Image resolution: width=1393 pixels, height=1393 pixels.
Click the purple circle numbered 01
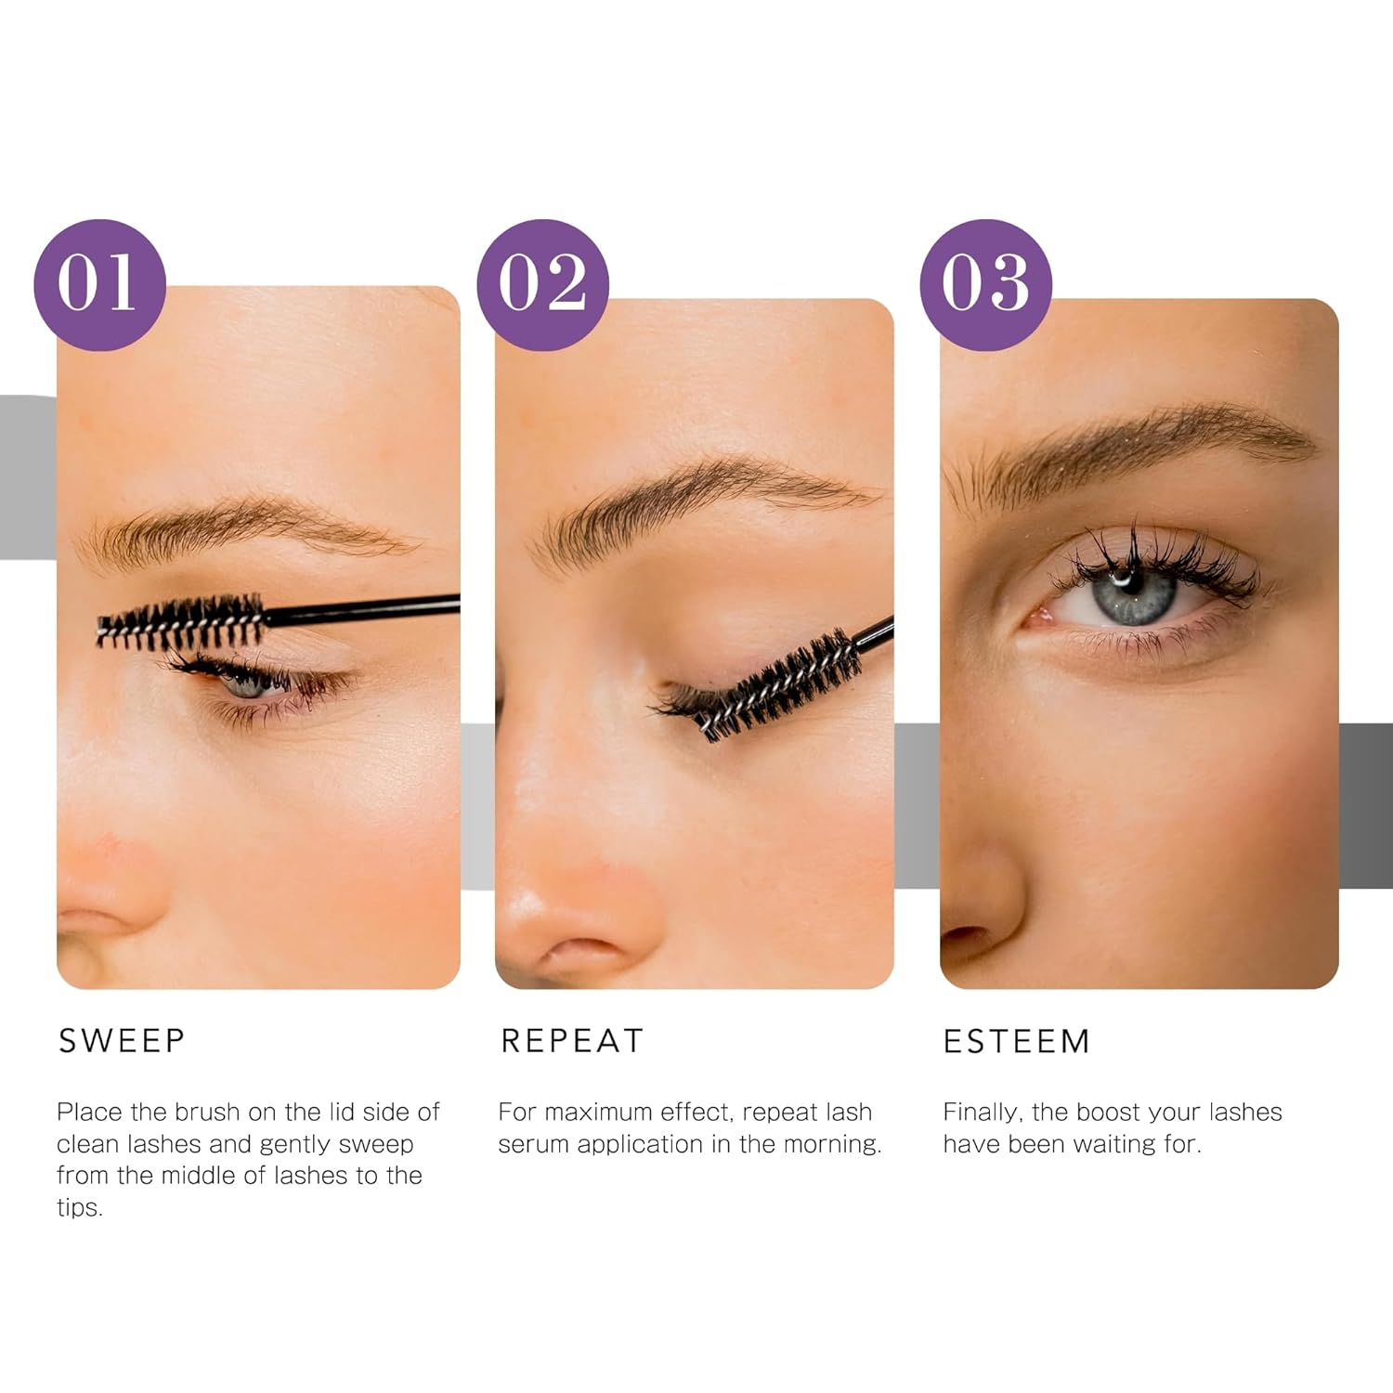99,284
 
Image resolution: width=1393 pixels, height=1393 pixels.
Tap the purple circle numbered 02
542,284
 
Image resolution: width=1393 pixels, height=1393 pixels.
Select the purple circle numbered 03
985,284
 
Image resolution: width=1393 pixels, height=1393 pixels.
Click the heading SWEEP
122,1041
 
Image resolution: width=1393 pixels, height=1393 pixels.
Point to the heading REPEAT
571,1041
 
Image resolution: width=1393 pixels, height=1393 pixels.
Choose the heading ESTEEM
1016,1041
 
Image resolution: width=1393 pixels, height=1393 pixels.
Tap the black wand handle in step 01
362,609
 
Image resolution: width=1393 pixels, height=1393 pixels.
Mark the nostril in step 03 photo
966,938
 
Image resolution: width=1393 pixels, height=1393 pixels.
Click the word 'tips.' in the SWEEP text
79,1207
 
